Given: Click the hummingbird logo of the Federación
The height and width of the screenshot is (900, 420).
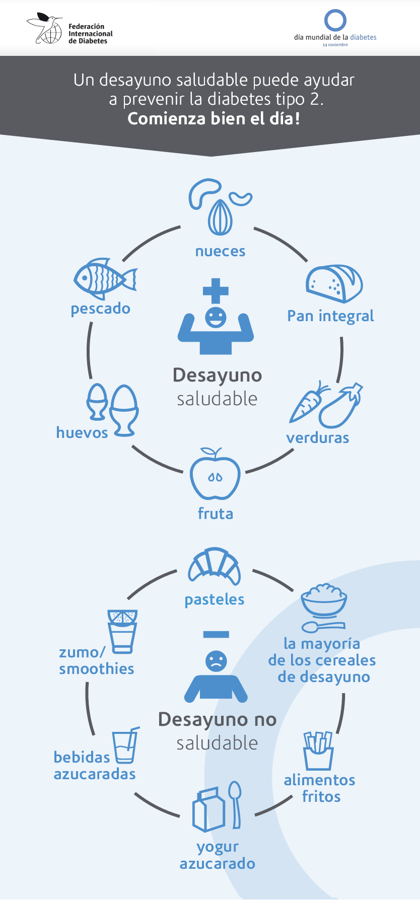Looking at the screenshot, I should (44, 29).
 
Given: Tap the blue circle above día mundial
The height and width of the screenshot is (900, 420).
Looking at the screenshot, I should (335, 21).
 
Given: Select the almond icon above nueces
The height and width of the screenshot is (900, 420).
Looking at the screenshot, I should (220, 217).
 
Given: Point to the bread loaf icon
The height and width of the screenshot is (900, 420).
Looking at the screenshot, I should (334, 283).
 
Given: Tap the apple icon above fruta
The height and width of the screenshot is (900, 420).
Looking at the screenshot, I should (215, 476).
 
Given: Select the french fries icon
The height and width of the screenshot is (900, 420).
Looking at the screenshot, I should (318, 750).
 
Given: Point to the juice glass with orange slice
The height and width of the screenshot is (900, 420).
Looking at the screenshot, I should (122, 631).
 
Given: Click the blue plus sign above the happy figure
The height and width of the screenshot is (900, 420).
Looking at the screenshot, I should (216, 291).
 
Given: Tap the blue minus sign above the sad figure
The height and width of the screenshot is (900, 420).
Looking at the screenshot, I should (216, 635).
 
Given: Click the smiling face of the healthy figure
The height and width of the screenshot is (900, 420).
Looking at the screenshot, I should (216, 317).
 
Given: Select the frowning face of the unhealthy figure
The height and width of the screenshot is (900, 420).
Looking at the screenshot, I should (216, 660).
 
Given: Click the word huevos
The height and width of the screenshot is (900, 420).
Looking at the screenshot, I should (82, 432).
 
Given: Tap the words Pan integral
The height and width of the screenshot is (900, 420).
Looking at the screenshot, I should (330, 316).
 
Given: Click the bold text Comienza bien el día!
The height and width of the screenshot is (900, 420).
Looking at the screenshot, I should (214, 119).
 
